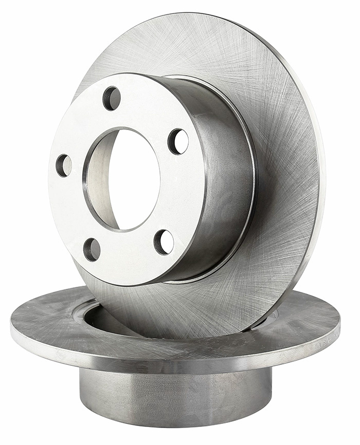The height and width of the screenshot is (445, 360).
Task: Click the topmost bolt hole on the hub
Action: click(x=112, y=98)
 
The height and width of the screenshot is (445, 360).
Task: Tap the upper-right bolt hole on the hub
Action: click(x=178, y=141)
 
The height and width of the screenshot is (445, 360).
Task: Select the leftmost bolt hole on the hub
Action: click(x=64, y=165)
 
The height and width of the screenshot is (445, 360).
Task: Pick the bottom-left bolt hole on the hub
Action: click(x=92, y=249)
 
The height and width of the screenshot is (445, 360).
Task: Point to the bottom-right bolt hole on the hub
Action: click(x=164, y=242)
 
